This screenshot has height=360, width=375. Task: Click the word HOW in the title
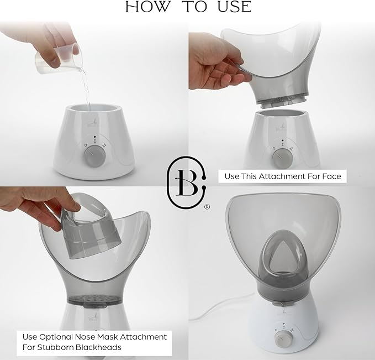click(x=147, y=7)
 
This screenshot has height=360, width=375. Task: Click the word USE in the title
click(x=234, y=7)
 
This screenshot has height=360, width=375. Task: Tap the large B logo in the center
click(x=186, y=182)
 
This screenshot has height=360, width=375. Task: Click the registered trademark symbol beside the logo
click(x=207, y=207)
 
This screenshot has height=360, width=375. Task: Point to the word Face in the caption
click(x=331, y=176)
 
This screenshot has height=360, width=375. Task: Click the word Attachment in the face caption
click(x=282, y=176)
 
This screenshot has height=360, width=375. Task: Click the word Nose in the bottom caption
click(x=83, y=337)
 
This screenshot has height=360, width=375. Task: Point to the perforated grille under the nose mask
click(x=93, y=299)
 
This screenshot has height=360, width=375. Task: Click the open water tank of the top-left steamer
click(x=94, y=110)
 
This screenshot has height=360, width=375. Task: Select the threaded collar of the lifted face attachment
click(x=281, y=101)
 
